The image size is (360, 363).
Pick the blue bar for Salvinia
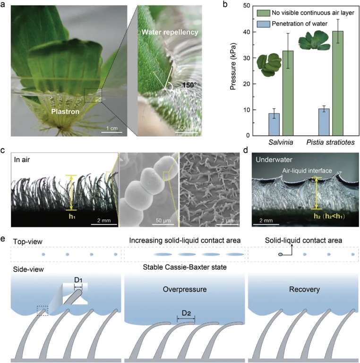274,124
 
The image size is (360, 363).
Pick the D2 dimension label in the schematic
186,314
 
